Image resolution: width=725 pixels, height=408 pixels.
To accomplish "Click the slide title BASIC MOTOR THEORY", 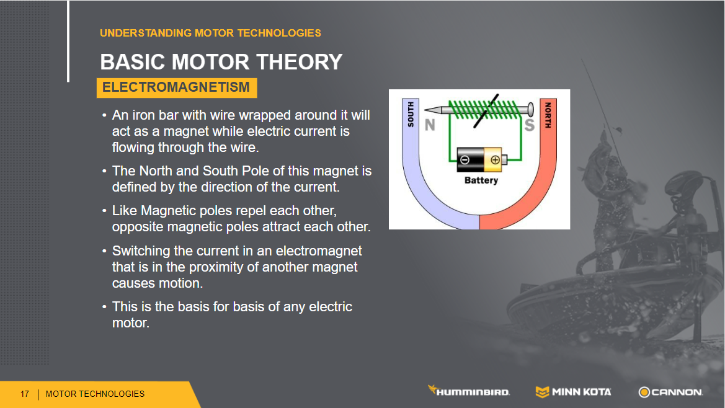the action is (x=221, y=62).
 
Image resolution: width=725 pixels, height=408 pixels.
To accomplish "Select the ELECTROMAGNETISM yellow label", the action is (x=176, y=87).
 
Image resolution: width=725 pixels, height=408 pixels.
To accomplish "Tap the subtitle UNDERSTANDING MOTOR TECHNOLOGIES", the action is (x=210, y=33).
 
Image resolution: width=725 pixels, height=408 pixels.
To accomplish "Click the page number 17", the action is (x=25, y=394).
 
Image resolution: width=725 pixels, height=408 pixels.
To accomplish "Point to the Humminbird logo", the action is (x=469, y=391).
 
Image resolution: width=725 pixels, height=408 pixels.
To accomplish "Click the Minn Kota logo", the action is (x=573, y=392).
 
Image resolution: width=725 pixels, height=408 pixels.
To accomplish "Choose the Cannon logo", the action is (x=671, y=392).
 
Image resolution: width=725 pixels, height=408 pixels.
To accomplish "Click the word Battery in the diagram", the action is (x=481, y=180).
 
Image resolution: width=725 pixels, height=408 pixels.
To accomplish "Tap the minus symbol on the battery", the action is (x=465, y=161).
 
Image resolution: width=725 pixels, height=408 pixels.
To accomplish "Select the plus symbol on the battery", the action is (x=495, y=161).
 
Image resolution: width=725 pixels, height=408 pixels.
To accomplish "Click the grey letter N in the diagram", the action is (x=430, y=125).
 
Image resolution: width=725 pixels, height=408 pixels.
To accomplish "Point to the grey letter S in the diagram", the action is (x=530, y=125).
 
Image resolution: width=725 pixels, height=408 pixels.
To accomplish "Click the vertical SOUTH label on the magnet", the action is (x=411, y=115).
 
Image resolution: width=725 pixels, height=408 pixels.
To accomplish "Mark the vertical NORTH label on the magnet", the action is (x=548, y=115).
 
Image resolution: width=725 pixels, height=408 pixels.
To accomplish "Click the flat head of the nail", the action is (x=531, y=110).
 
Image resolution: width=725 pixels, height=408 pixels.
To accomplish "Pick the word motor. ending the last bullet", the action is (x=131, y=323).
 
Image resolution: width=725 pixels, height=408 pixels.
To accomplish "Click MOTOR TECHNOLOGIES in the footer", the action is (x=96, y=394).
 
